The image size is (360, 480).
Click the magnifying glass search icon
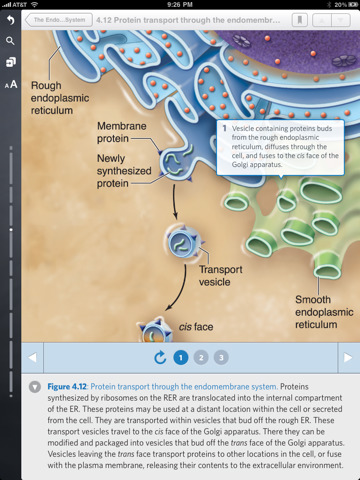tap(10, 41)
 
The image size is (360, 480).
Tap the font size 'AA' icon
tap(10, 85)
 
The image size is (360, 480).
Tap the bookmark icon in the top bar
tap(299, 19)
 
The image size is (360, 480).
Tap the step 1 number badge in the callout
tap(224, 129)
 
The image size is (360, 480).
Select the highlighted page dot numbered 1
tap(181, 357)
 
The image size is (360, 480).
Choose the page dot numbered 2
tap(201, 357)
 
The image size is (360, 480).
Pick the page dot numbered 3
tap(221, 357)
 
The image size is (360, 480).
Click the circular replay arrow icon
tap(160, 357)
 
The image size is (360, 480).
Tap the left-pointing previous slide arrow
tap(32, 357)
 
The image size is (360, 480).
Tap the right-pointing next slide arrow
tap(347, 357)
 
